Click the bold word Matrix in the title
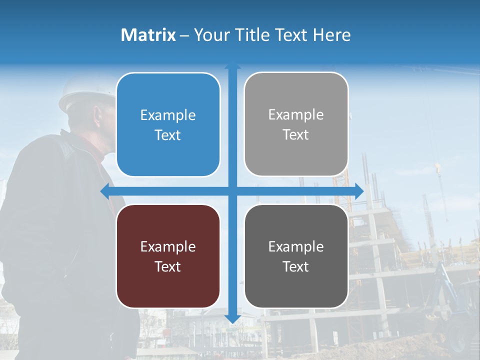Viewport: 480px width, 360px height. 148,35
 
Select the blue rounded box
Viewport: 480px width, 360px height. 168,124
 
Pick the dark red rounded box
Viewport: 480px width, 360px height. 168,256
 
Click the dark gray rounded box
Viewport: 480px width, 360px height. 296,256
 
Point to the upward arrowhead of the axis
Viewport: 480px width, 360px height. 232,65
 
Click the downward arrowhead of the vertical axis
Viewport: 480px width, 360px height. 232,318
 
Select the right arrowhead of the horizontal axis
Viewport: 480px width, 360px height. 359,190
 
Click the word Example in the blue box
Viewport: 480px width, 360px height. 168,115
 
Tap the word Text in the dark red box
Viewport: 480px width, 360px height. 168,266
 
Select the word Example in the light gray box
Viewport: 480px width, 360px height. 296,115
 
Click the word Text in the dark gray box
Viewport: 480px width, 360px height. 296,266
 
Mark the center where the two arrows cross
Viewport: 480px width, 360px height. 232,190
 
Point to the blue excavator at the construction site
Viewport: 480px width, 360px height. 455,305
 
